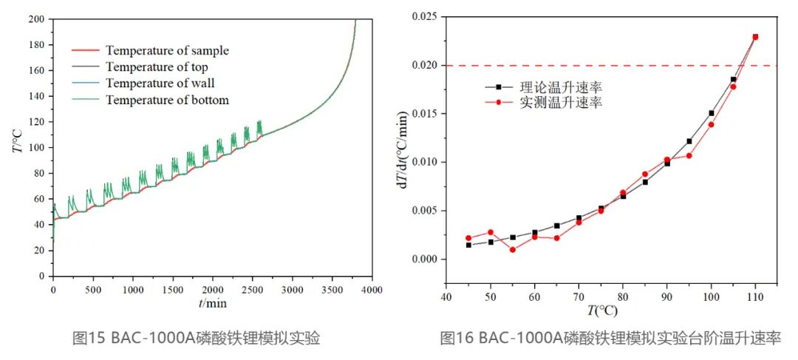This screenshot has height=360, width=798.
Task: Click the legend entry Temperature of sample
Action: coord(167,51)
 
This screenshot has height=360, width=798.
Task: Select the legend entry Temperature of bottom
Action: coord(167,100)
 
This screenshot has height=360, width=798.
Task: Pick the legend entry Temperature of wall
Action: coord(160,84)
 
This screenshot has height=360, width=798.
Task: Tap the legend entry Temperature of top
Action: coord(157,67)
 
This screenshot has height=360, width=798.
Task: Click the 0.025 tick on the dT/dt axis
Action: coord(421,17)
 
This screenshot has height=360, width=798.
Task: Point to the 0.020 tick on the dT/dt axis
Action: coord(421,65)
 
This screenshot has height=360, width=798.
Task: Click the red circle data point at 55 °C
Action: coord(513,249)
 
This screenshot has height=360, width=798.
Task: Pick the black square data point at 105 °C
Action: coord(733,79)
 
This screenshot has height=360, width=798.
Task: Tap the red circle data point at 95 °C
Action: coord(689,155)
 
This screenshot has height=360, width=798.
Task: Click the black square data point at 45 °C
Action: coord(468,245)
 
